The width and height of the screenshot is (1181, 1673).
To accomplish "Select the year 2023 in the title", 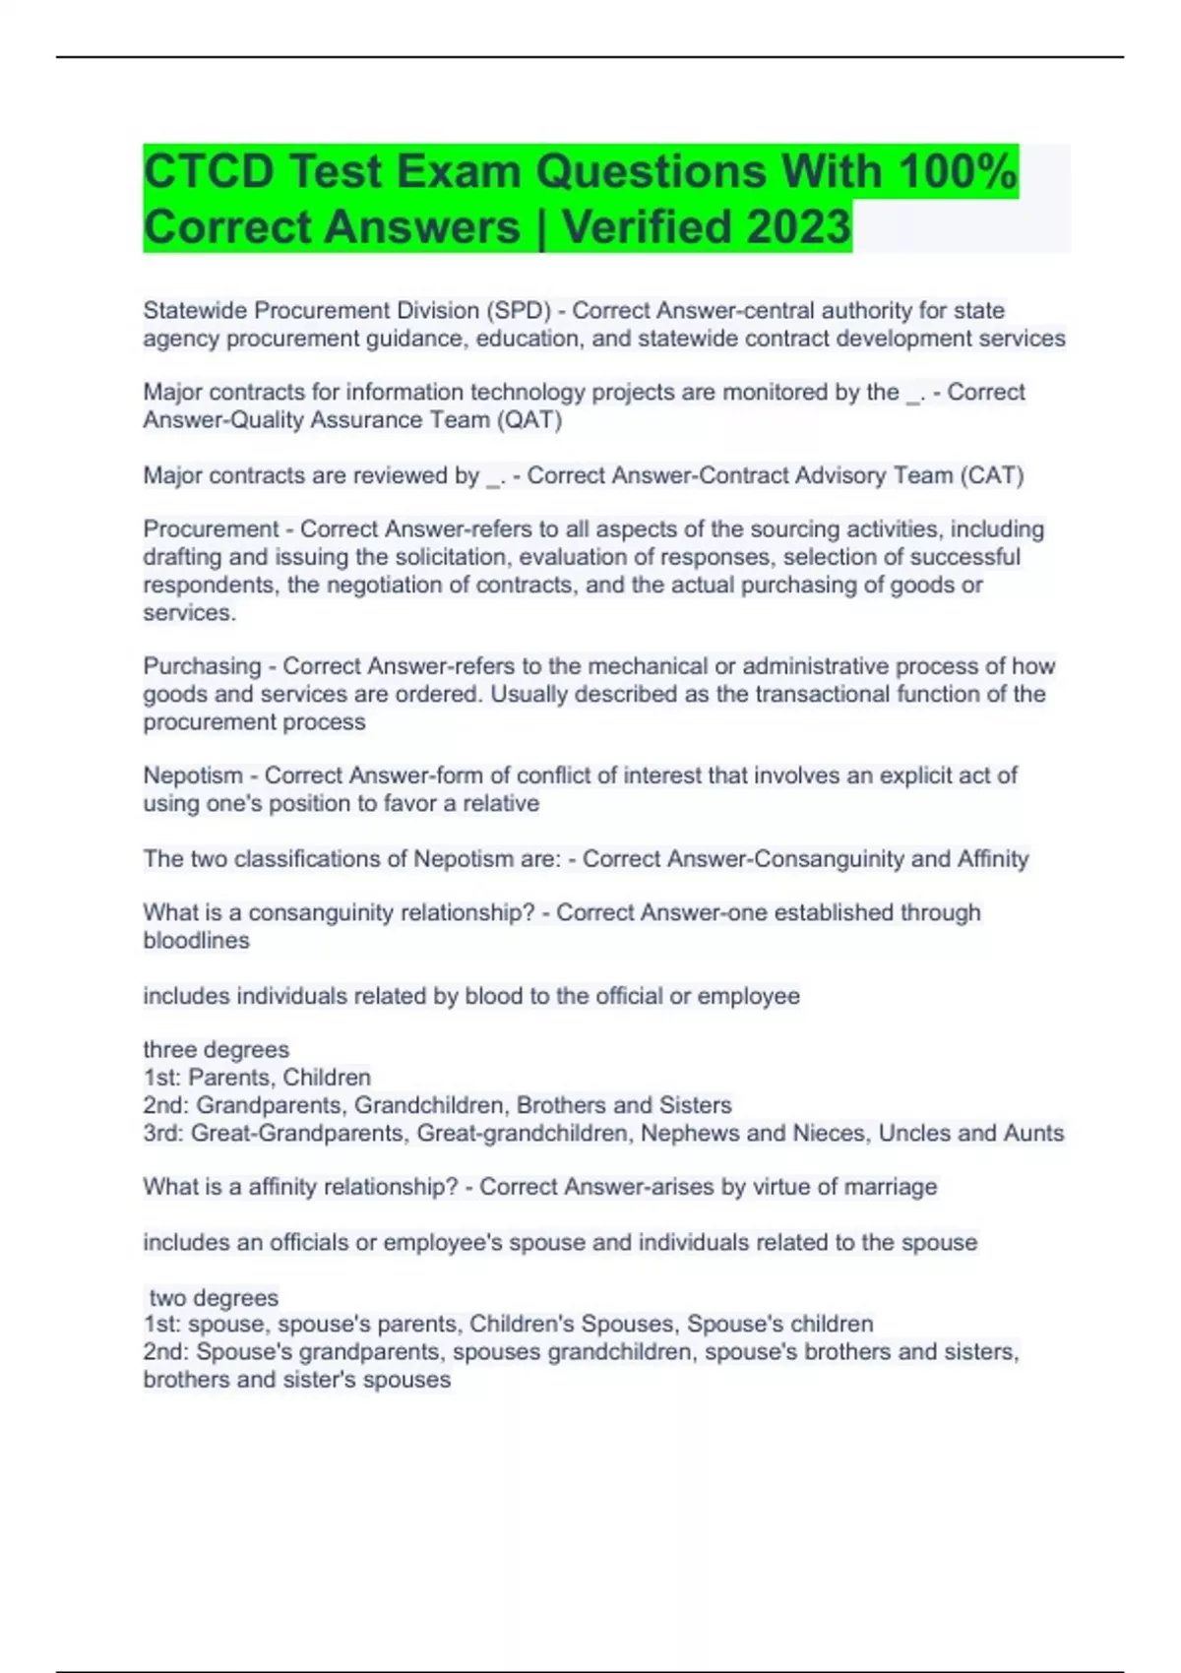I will (x=798, y=226).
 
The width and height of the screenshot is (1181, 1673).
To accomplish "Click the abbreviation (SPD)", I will (x=518, y=310).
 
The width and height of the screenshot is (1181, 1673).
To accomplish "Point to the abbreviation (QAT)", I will (x=529, y=420).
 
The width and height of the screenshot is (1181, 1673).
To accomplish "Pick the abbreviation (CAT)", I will (x=992, y=475).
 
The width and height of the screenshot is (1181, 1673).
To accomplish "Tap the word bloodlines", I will (x=196, y=941).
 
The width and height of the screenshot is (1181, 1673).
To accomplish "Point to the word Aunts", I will (x=1033, y=1133).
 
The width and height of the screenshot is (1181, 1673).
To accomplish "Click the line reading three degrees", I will (x=217, y=1049).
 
